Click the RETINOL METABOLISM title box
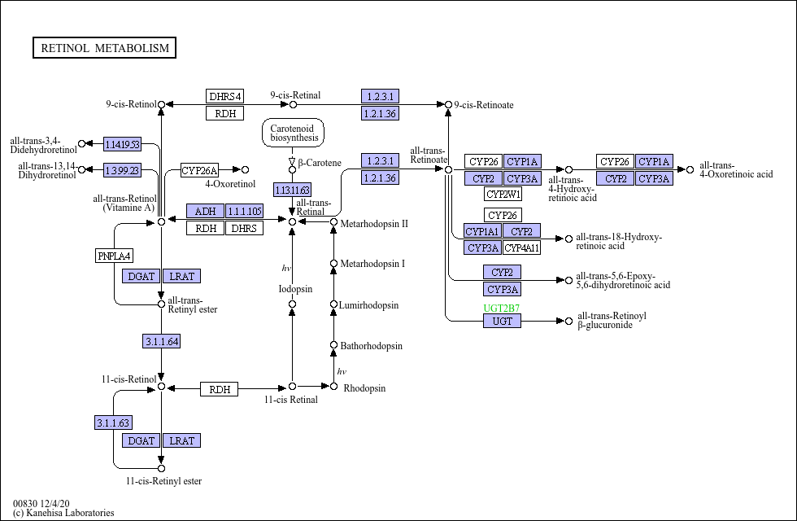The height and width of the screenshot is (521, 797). point(104,48)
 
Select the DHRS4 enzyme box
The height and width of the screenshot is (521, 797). point(225,96)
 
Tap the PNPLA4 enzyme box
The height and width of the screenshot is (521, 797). point(115,256)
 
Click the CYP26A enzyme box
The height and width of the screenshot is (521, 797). point(200,170)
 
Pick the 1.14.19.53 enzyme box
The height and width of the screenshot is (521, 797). point(122,145)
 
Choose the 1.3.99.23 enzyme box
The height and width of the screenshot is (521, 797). point(122,170)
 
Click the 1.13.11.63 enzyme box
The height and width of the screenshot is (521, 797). point(292,190)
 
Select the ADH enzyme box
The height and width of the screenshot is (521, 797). point(205,211)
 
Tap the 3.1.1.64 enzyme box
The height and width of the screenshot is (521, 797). point(162,341)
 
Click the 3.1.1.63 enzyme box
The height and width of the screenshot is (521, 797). point(113,422)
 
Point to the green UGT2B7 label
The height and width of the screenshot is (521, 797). point(502,309)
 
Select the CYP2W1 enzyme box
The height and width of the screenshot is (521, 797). point(503,194)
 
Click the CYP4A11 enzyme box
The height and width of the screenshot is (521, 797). point(522,247)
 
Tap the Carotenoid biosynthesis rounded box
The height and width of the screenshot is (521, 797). point(294,133)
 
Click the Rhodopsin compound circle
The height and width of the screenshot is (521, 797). point(334,387)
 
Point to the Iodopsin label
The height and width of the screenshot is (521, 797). point(295,289)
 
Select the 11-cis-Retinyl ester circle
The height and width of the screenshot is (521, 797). point(162,469)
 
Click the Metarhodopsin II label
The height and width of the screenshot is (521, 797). point(374,223)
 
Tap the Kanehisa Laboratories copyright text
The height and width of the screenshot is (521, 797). point(63,513)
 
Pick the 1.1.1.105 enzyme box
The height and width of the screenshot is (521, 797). point(245,211)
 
